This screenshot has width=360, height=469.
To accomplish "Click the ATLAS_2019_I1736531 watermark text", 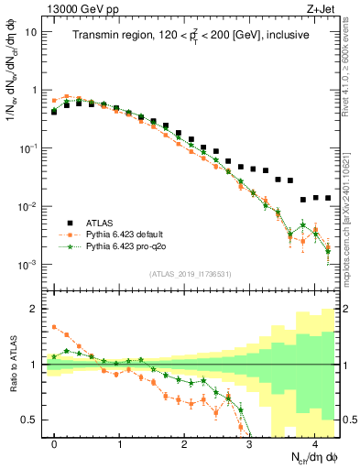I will (190, 274).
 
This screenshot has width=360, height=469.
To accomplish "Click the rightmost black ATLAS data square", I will (328, 198).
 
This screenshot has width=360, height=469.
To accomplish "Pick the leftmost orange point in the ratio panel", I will (54, 326).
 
